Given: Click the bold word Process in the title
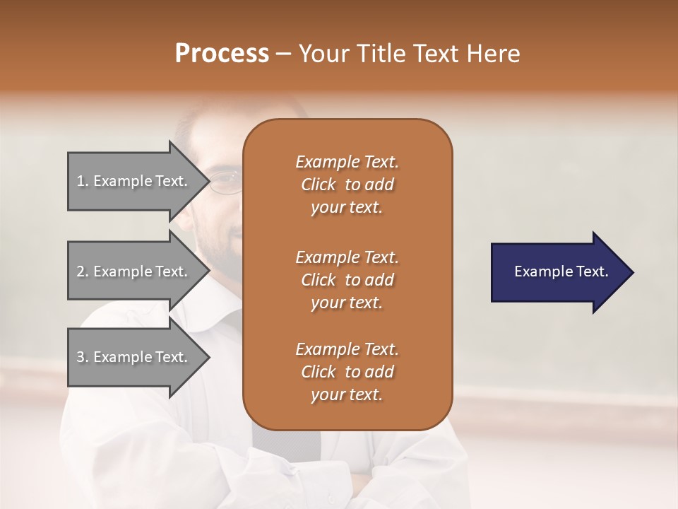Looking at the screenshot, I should point(222,54).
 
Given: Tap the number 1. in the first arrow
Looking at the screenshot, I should point(83,181).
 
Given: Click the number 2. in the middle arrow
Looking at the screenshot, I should point(83,271).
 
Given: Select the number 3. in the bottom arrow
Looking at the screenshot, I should point(83,357).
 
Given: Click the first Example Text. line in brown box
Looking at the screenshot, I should point(347,162).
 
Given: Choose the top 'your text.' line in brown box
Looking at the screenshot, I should point(347,207).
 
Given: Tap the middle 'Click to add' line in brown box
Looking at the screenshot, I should point(347,280).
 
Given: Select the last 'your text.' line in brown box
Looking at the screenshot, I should point(347,395).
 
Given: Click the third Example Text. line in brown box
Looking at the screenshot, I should point(347,349).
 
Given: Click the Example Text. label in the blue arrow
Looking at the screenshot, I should point(561,271).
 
